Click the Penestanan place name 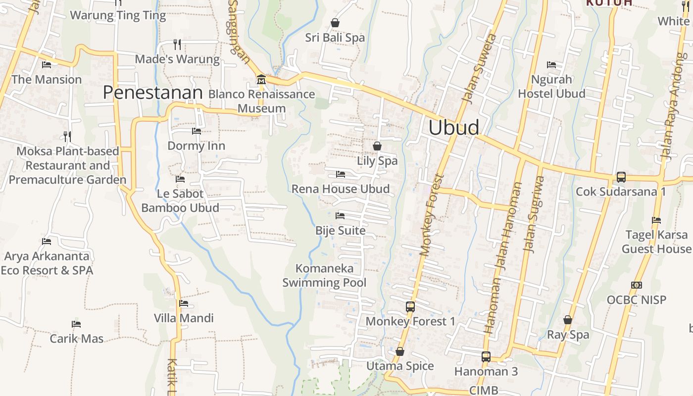pyautogui.click(x=153, y=93)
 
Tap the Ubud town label pyautogui.click(x=453, y=128)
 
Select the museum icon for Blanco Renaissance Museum pyautogui.click(x=261, y=79)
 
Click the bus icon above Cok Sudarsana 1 pyautogui.click(x=621, y=177)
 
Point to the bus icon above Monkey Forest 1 pyautogui.click(x=410, y=306)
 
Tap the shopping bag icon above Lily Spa pyautogui.click(x=377, y=146)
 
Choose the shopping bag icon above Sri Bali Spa pyautogui.click(x=335, y=23)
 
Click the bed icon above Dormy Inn pyautogui.click(x=197, y=131)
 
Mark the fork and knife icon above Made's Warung pyautogui.click(x=177, y=45)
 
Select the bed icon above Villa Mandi pyautogui.click(x=184, y=303)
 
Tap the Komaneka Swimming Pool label pyautogui.click(x=324, y=276)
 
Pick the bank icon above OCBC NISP pyautogui.click(x=637, y=285)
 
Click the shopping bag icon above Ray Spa pyautogui.click(x=568, y=320)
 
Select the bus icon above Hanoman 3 pyautogui.click(x=486, y=356)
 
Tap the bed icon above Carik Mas pyautogui.click(x=76, y=324)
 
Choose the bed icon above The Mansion pyautogui.click(x=47, y=65)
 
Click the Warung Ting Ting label pyautogui.click(x=118, y=15)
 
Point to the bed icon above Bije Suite pyautogui.click(x=340, y=216)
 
